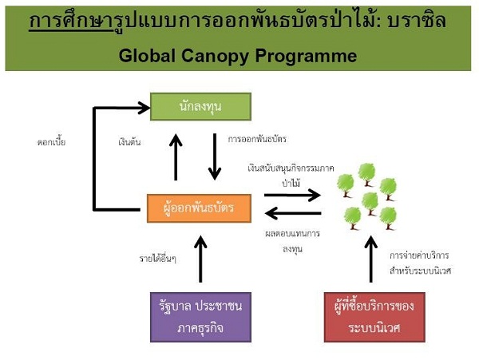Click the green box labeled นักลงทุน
[200, 106]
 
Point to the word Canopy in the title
[225, 57]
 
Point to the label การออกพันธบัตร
[256, 139]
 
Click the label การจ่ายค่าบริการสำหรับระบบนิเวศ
[420, 263]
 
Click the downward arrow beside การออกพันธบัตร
[214, 156]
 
